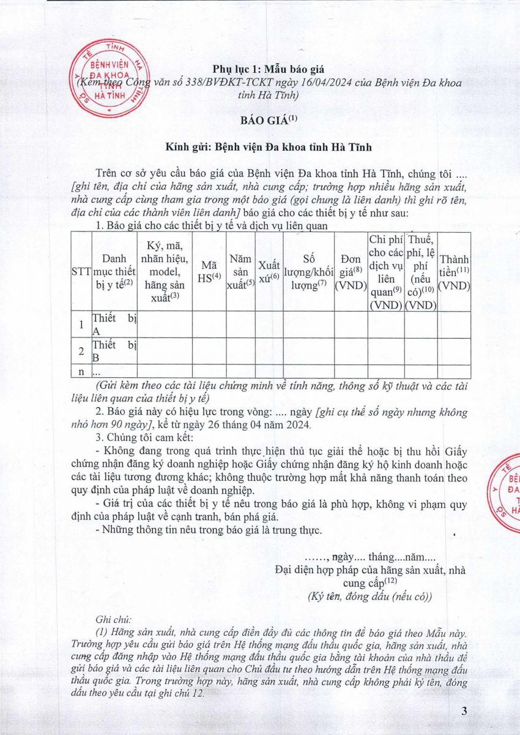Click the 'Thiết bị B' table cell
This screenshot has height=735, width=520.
[x=114, y=351]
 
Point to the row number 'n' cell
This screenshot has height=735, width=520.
[x=81, y=371]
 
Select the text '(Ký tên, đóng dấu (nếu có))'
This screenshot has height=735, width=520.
[x=370, y=597]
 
